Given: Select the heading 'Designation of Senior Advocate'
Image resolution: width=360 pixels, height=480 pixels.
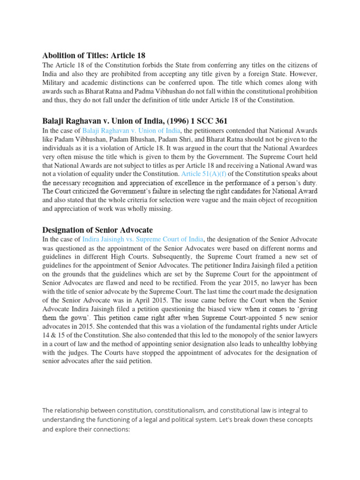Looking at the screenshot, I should tap(97, 230).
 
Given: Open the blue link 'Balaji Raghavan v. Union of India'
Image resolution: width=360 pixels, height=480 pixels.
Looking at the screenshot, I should tap(130, 130).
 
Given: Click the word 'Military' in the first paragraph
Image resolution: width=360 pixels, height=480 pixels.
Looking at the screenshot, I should tap(56, 82).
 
